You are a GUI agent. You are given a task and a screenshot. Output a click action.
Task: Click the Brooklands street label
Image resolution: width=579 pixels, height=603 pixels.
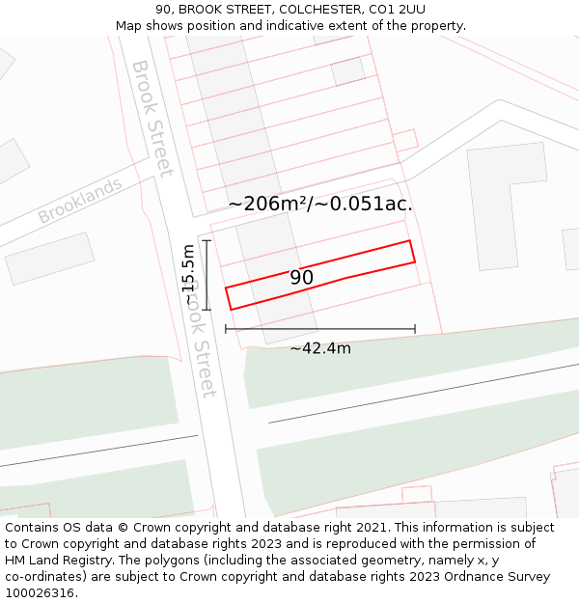coord(80,201)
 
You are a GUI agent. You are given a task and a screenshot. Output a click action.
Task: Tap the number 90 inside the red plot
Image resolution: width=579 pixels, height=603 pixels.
coord(301,278)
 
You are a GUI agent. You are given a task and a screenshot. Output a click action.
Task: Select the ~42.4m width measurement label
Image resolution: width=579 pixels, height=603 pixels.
coord(320,348)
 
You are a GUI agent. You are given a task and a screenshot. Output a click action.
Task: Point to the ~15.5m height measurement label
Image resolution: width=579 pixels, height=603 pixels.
coord(188,274)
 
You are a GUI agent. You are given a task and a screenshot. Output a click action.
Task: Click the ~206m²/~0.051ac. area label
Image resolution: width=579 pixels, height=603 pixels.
coord(320,204)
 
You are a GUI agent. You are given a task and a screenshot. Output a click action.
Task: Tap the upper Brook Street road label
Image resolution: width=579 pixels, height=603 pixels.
coord(152,118)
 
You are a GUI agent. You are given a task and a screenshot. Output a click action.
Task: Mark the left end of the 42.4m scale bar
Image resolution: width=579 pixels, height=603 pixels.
coord(226,329)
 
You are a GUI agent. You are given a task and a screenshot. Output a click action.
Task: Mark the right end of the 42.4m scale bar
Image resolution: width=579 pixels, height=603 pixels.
coord(415,329)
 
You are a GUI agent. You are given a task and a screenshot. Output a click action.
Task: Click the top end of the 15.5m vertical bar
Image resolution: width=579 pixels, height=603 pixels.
coord(207,240)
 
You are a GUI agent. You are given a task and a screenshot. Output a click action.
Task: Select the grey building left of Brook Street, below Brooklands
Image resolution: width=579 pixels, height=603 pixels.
coord(50,258)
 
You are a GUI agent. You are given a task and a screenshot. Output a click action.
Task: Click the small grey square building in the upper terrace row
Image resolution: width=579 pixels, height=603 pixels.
coord(347,70)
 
